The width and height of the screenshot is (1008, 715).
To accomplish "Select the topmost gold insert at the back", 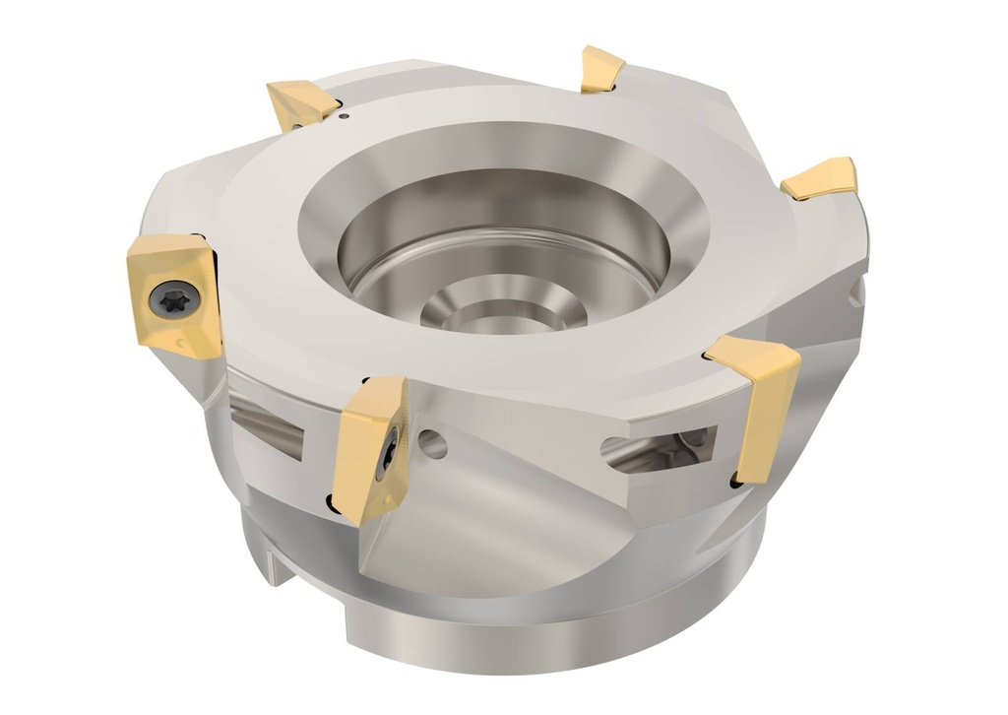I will click(x=601, y=69).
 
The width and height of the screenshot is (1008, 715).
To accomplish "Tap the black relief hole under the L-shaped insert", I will click(x=736, y=482).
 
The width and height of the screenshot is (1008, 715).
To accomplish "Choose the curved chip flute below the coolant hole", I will click(x=463, y=522).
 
